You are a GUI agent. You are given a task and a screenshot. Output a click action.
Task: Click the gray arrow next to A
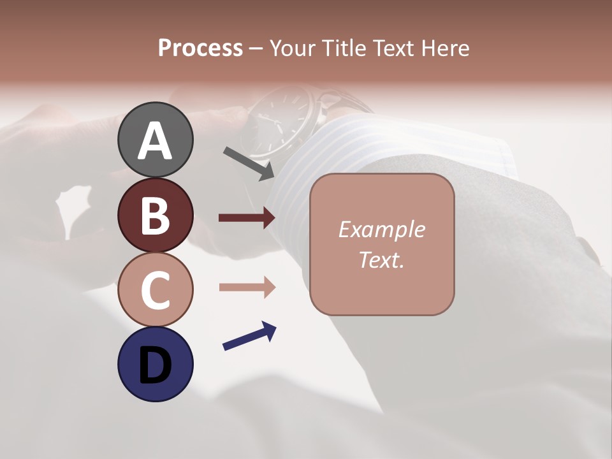tap(248, 163)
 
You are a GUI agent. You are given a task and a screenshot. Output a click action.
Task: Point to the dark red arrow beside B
tap(247, 218)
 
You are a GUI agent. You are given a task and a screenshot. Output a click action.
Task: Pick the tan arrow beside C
tap(247, 287)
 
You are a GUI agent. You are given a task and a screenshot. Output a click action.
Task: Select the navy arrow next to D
tap(249, 337)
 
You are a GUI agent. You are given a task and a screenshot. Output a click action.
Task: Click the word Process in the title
tap(200, 48)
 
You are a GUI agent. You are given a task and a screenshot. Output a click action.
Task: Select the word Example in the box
tap(381, 229)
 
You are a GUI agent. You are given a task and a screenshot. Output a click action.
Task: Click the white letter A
tap(155, 141)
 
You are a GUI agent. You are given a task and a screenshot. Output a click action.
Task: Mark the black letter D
tap(155, 365)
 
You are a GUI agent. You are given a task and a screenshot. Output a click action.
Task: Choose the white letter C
tap(155, 290)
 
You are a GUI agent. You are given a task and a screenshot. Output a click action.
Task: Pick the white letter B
tap(155, 215)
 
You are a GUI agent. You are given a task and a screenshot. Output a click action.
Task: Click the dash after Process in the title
tap(256, 48)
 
